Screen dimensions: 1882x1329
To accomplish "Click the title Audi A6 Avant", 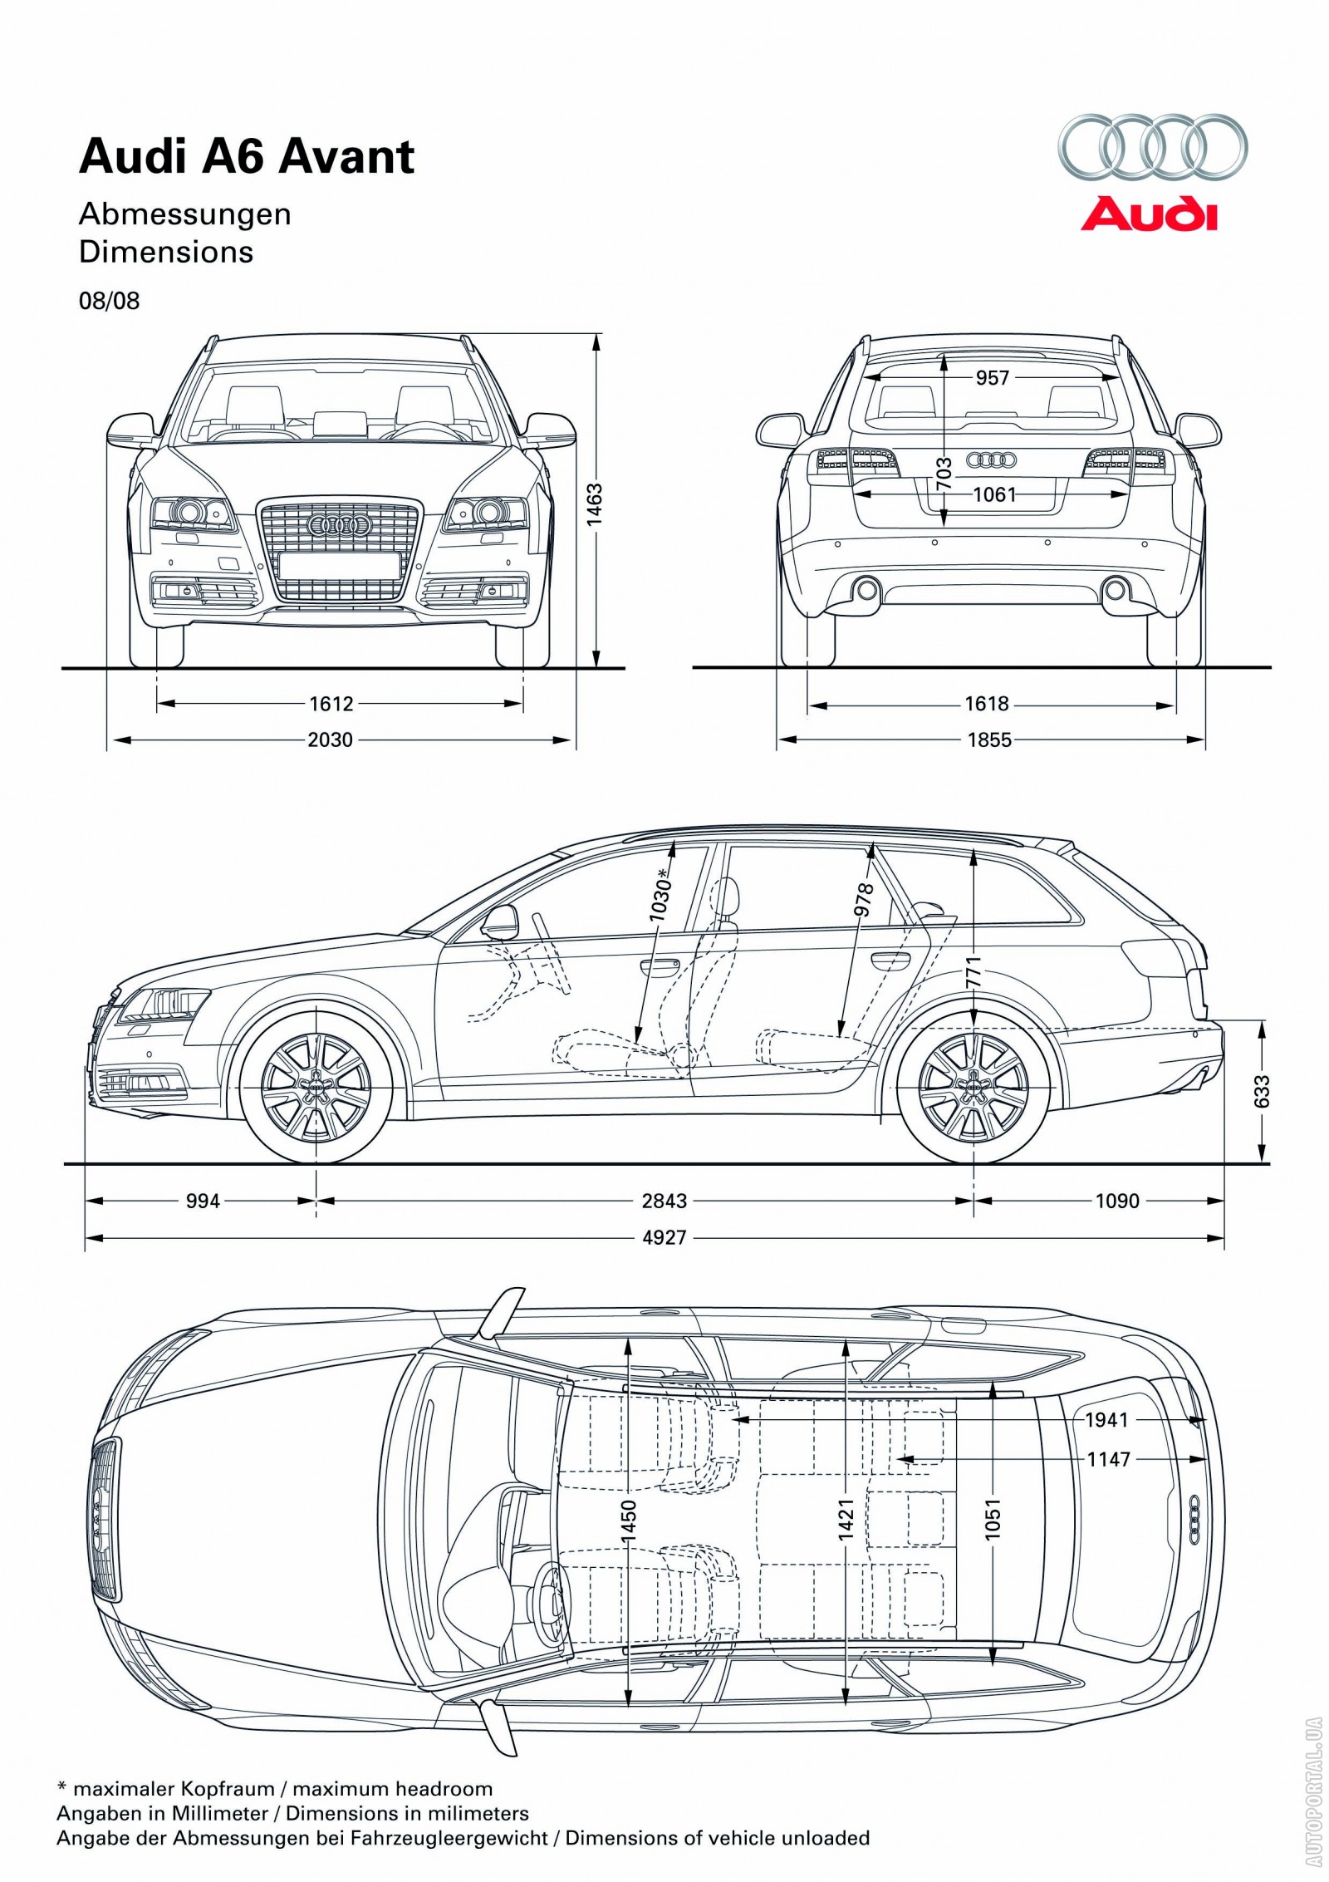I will coord(246,157).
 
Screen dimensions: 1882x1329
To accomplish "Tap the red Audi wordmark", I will coord(1149,214).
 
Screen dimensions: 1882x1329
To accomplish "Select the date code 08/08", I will coord(109,301).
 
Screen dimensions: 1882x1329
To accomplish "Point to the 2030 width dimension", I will coord(331,740).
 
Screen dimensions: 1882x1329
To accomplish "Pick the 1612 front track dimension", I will coord(331,704).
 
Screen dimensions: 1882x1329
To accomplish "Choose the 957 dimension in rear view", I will coord(992,378).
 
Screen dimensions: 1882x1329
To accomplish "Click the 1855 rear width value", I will coord(989,740).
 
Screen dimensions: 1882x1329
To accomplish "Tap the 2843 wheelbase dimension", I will coord(664,1201).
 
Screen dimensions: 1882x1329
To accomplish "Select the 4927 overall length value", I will coord(664,1238).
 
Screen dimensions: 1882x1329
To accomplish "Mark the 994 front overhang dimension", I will coord(203,1201).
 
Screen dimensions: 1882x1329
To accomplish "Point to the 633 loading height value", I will coord(1262,1091).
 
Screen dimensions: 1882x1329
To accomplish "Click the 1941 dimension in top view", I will coord(1106,1420).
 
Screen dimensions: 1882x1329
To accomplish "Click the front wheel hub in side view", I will coord(316,1087).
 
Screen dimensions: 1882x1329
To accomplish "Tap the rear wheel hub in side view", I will coord(974,1087).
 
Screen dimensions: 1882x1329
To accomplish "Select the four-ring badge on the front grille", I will coord(338,524).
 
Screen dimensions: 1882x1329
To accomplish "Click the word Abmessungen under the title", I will coord(184,214).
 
